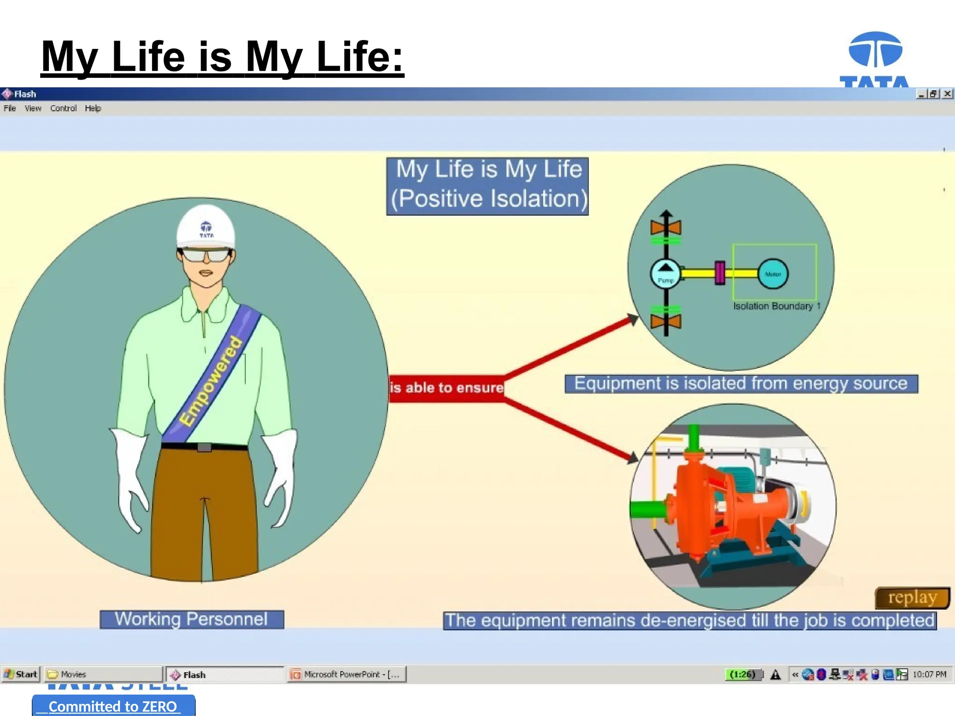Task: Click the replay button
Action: click(912, 598)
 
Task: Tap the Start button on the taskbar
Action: click(21, 674)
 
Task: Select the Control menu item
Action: click(63, 108)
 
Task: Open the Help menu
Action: click(93, 108)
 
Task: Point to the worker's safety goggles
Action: click(206, 255)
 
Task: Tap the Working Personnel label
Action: click(191, 619)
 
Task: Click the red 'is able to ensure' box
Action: click(446, 388)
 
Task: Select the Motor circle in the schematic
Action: click(773, 274)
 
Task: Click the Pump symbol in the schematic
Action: click(665, 274)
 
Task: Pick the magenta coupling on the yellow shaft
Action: click(720, 273)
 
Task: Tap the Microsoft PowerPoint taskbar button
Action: click(346, 674)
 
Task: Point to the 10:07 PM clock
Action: click(929, 674)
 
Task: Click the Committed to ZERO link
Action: click(113, 706)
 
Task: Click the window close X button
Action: click(947, 94)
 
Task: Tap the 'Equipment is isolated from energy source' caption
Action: click(741, 384)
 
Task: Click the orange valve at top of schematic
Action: click(666, 227)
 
